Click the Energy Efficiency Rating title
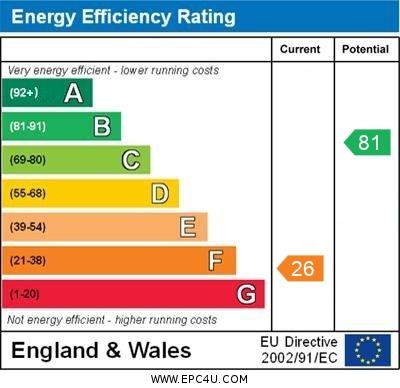coord(123,17)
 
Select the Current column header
coord(300,49)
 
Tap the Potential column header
coord(365,49)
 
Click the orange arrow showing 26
coord(301,268)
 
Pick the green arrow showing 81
coord(367,142)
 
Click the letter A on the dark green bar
coord(73,93)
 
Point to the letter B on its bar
coord(102,127)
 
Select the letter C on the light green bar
coord(131,160)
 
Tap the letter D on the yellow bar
coord(160,194)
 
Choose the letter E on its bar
coord(188,227)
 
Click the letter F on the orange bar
coord(216,261)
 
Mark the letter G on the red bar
coord(246,294)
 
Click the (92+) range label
coord(24,93)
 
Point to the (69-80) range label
coord(28,160)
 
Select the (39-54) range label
coord(28,227)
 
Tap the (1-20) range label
coord(25,294)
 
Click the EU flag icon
coord(368,350)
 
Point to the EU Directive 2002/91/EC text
coord(301,350)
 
